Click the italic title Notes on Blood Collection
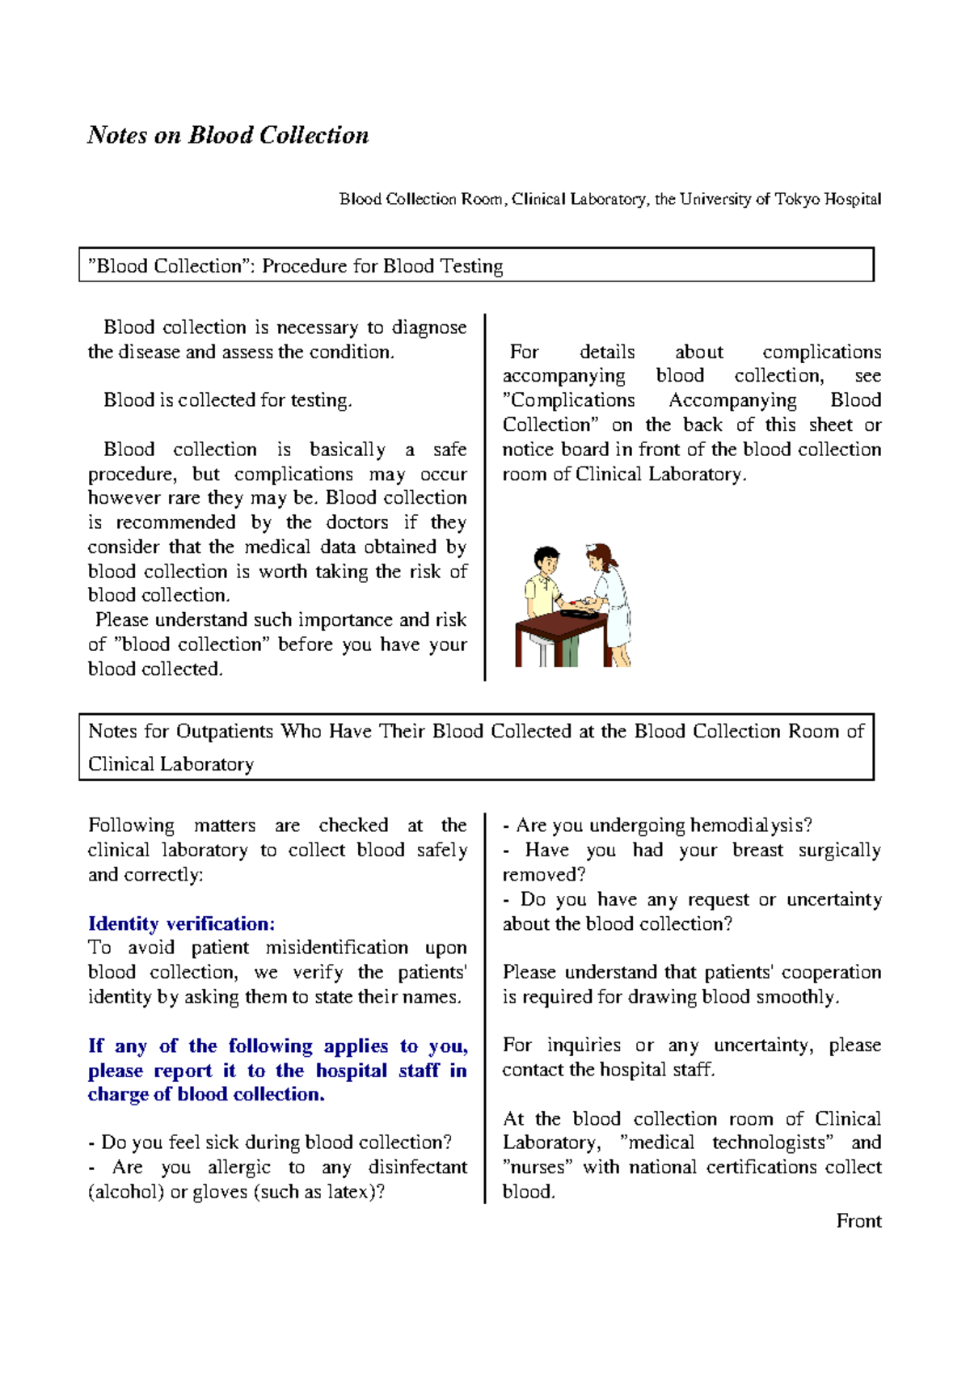pos(228,135)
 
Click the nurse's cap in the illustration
pos(595,548)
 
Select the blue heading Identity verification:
pos(181,923)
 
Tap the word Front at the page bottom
pos(858,1221)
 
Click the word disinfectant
pos(417,1168)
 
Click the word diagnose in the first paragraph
pos(428,328)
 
